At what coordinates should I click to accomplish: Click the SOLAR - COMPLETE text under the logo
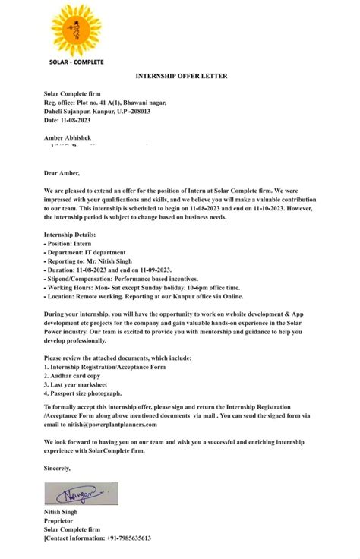(76, 62)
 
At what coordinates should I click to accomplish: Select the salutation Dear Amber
(62, 173)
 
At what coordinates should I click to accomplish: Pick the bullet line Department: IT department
(84, 252)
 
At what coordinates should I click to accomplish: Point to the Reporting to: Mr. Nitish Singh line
(88, 261)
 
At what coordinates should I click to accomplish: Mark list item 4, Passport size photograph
(83, 393)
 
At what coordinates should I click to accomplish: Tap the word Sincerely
(58, 467)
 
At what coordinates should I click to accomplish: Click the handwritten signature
(81, 494)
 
